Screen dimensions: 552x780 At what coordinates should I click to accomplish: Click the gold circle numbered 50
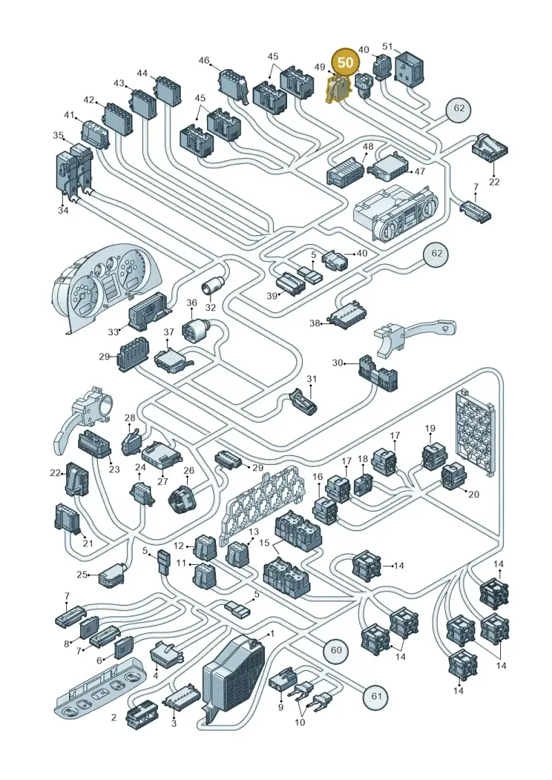tap(346, 62)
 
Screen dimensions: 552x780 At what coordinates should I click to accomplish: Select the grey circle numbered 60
tap(336, 650)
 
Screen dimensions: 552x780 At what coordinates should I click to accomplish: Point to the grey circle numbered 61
tap(376, 695)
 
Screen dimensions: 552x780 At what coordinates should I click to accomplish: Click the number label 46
tap(204, 60)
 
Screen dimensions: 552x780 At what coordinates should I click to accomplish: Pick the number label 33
tap(113, 332)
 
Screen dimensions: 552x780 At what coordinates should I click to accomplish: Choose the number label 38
tap(315, 323)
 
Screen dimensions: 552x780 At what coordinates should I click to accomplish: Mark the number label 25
tap(81, 574)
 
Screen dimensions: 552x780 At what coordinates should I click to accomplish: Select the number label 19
tap(430, 428)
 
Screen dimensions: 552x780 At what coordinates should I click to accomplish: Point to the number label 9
tap(281, 707)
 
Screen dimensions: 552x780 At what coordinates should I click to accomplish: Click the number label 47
tap(420, 171)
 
